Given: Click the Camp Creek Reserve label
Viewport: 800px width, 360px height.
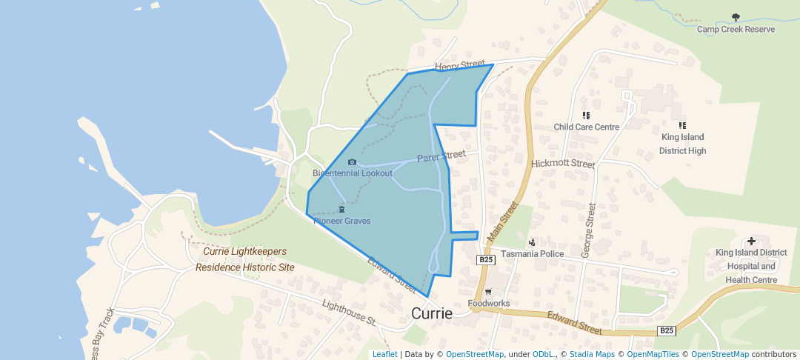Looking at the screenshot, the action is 736,30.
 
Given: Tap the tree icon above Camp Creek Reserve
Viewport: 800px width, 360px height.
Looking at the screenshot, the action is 736,17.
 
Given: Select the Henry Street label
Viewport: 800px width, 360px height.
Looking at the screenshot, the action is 459,67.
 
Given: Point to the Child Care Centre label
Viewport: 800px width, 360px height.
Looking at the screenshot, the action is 586,127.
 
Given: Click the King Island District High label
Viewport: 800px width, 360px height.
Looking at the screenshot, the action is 682,144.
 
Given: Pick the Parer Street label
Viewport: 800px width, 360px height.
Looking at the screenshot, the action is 441,157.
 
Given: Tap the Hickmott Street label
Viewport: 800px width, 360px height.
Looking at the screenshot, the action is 563,163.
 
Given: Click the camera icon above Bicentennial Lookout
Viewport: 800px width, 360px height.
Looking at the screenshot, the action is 352,161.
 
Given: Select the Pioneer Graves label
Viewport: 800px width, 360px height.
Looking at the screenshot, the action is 341,221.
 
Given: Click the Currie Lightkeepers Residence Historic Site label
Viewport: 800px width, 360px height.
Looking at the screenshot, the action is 244,259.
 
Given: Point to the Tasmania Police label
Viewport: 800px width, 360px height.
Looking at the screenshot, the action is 532,254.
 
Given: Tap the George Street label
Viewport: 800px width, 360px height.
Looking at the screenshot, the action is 588,230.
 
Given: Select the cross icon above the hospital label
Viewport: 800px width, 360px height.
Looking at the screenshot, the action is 751,241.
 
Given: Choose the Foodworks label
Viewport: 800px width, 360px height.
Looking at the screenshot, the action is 488,304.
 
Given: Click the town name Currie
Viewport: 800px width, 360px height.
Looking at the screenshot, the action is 431,313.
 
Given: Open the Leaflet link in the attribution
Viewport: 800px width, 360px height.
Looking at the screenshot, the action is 384,354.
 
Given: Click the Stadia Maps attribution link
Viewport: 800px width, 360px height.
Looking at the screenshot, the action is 592,354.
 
